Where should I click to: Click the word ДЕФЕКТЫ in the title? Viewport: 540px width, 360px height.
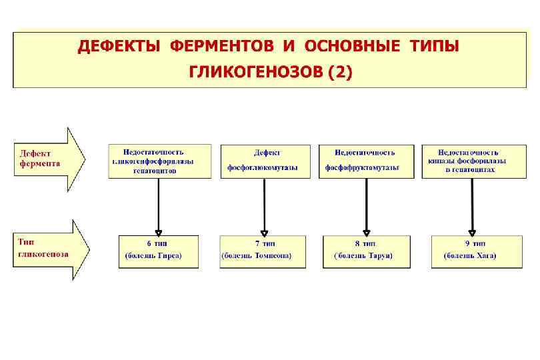click(119, 47)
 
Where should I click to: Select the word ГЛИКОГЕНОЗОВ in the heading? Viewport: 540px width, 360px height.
click(255, 71)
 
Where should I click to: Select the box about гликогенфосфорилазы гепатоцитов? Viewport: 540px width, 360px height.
click(159, 161)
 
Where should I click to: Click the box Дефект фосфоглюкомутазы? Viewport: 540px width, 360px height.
click(265, 161)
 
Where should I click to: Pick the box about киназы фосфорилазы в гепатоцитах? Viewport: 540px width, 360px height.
click(473, 161)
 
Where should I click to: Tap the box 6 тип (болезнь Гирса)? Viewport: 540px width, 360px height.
click(159, 251)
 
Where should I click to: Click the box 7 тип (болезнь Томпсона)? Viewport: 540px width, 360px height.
click(264, 251)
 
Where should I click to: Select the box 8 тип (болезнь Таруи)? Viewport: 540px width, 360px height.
click(366, 251)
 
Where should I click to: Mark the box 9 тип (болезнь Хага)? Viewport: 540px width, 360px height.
click(473, 251)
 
